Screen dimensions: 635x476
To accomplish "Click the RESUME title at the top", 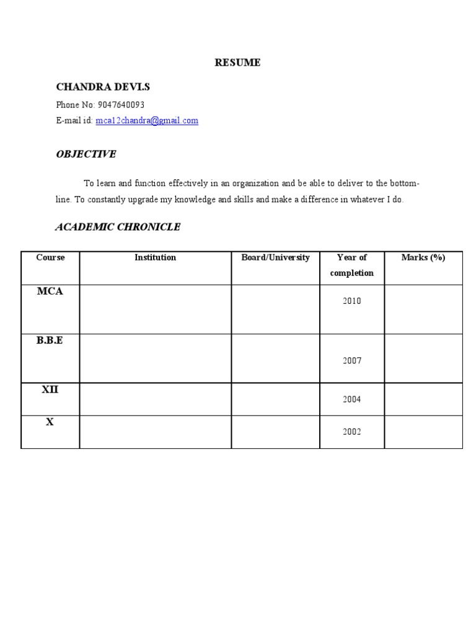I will coord(237,63).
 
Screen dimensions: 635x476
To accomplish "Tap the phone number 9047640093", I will coord(121,105).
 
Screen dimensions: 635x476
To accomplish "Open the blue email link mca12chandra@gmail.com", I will coord(147,121).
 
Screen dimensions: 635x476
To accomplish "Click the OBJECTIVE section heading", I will coord(86,154).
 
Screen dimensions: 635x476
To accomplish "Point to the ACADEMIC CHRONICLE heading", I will coord(118,227).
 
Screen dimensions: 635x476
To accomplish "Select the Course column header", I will coord(50,257).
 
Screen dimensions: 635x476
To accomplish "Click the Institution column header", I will coord(155,257).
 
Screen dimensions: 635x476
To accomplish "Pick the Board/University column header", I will coord(275,257).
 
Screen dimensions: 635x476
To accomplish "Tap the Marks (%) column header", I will coord(423,257).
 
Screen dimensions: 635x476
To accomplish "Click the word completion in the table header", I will coord(352,273).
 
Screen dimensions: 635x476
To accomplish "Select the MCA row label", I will coord(50,291).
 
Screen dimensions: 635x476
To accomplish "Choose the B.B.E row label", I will coord(50,341).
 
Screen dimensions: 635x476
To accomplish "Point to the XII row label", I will coord(50,389).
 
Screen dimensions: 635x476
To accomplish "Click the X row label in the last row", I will coord(50,422).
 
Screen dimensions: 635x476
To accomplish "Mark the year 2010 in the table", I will coord(351,301).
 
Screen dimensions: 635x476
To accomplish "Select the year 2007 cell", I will coord(351,361).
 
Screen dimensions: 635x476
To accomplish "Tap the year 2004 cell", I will coord(351,400).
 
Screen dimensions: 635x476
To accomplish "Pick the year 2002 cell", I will coord(351,432).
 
